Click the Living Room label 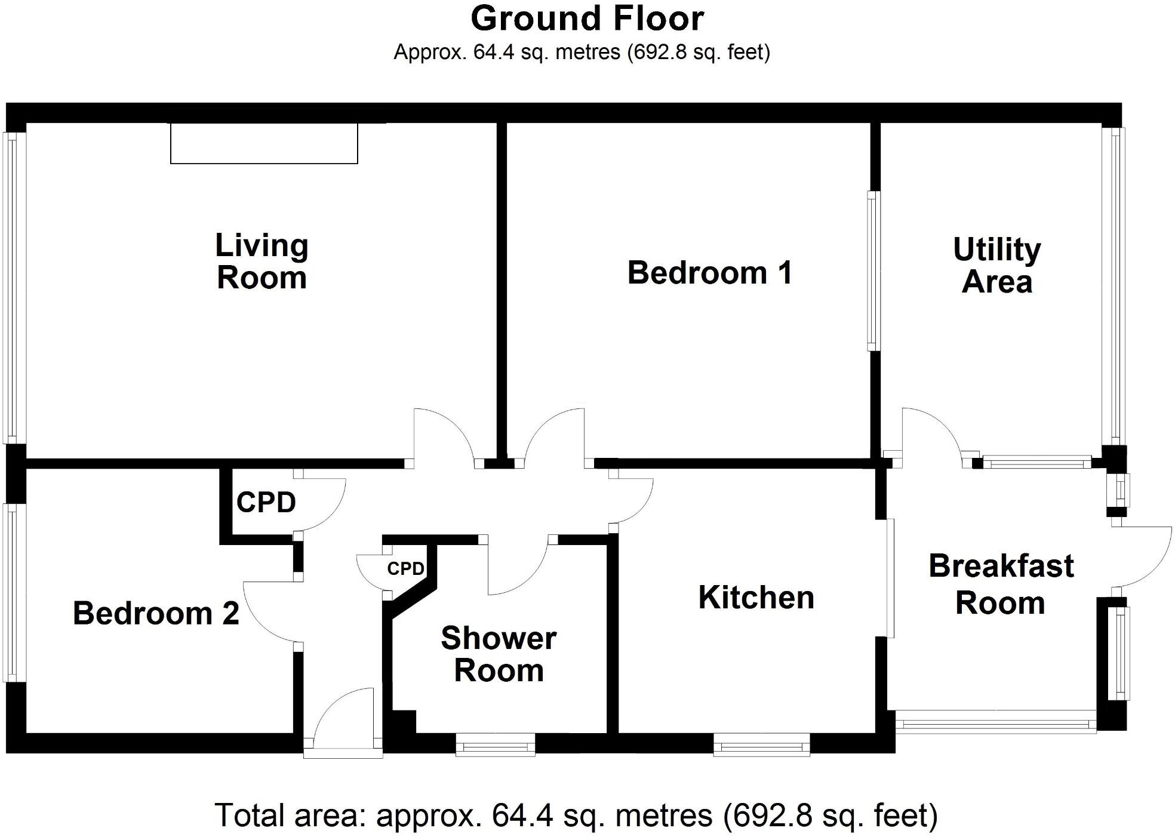coord(262,262)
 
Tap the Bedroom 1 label coord(709,273)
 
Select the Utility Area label coord(996,266)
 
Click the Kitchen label coord(756,598)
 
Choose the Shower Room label coord(499,654)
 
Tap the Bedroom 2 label coord(156,613)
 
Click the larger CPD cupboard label coord(266,503)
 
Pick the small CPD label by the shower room coord(405,568)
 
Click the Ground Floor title coord(587,19)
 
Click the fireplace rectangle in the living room coord(264,143)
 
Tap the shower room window coord(495,744)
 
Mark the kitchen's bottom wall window coord(761,744)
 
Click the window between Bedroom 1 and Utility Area coord(873,270)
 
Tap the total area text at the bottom coord(576,816)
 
